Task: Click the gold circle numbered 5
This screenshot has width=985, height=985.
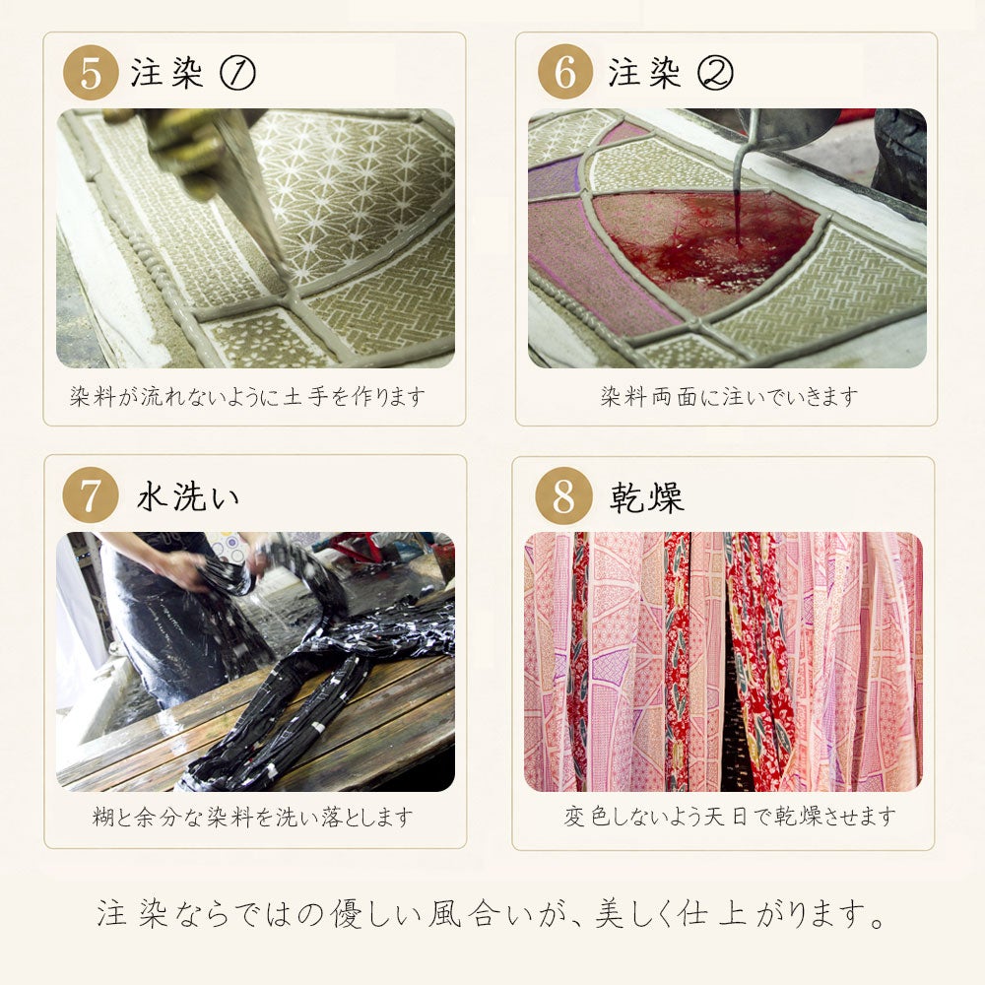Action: click(x=91, y=72)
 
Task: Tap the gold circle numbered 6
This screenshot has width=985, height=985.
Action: click(x=565, y=72)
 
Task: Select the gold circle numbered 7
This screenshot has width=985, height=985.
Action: click(x=91, y=495)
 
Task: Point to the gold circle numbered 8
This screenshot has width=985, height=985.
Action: click(x=563, y=495)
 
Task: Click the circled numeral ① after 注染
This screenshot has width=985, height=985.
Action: click(x=237, y=73)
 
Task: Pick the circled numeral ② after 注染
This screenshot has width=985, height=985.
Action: click(x=715, y=73)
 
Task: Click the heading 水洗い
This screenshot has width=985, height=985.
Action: click(x=188, y=496)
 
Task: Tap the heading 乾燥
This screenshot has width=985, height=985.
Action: click(x=646, y=497)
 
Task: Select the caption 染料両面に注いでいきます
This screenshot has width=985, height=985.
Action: click(x=729, y=396)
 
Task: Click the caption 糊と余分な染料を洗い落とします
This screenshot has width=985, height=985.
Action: click(x=253, y=817)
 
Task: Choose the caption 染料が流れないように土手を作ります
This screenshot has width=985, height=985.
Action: click(x=247, y=396)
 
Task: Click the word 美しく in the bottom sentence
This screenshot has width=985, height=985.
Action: click(x=634, y=915)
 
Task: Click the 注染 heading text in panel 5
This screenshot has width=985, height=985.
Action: click(x=167, y=73)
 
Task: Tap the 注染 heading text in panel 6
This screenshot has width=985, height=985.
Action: click(x=644, y=73)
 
